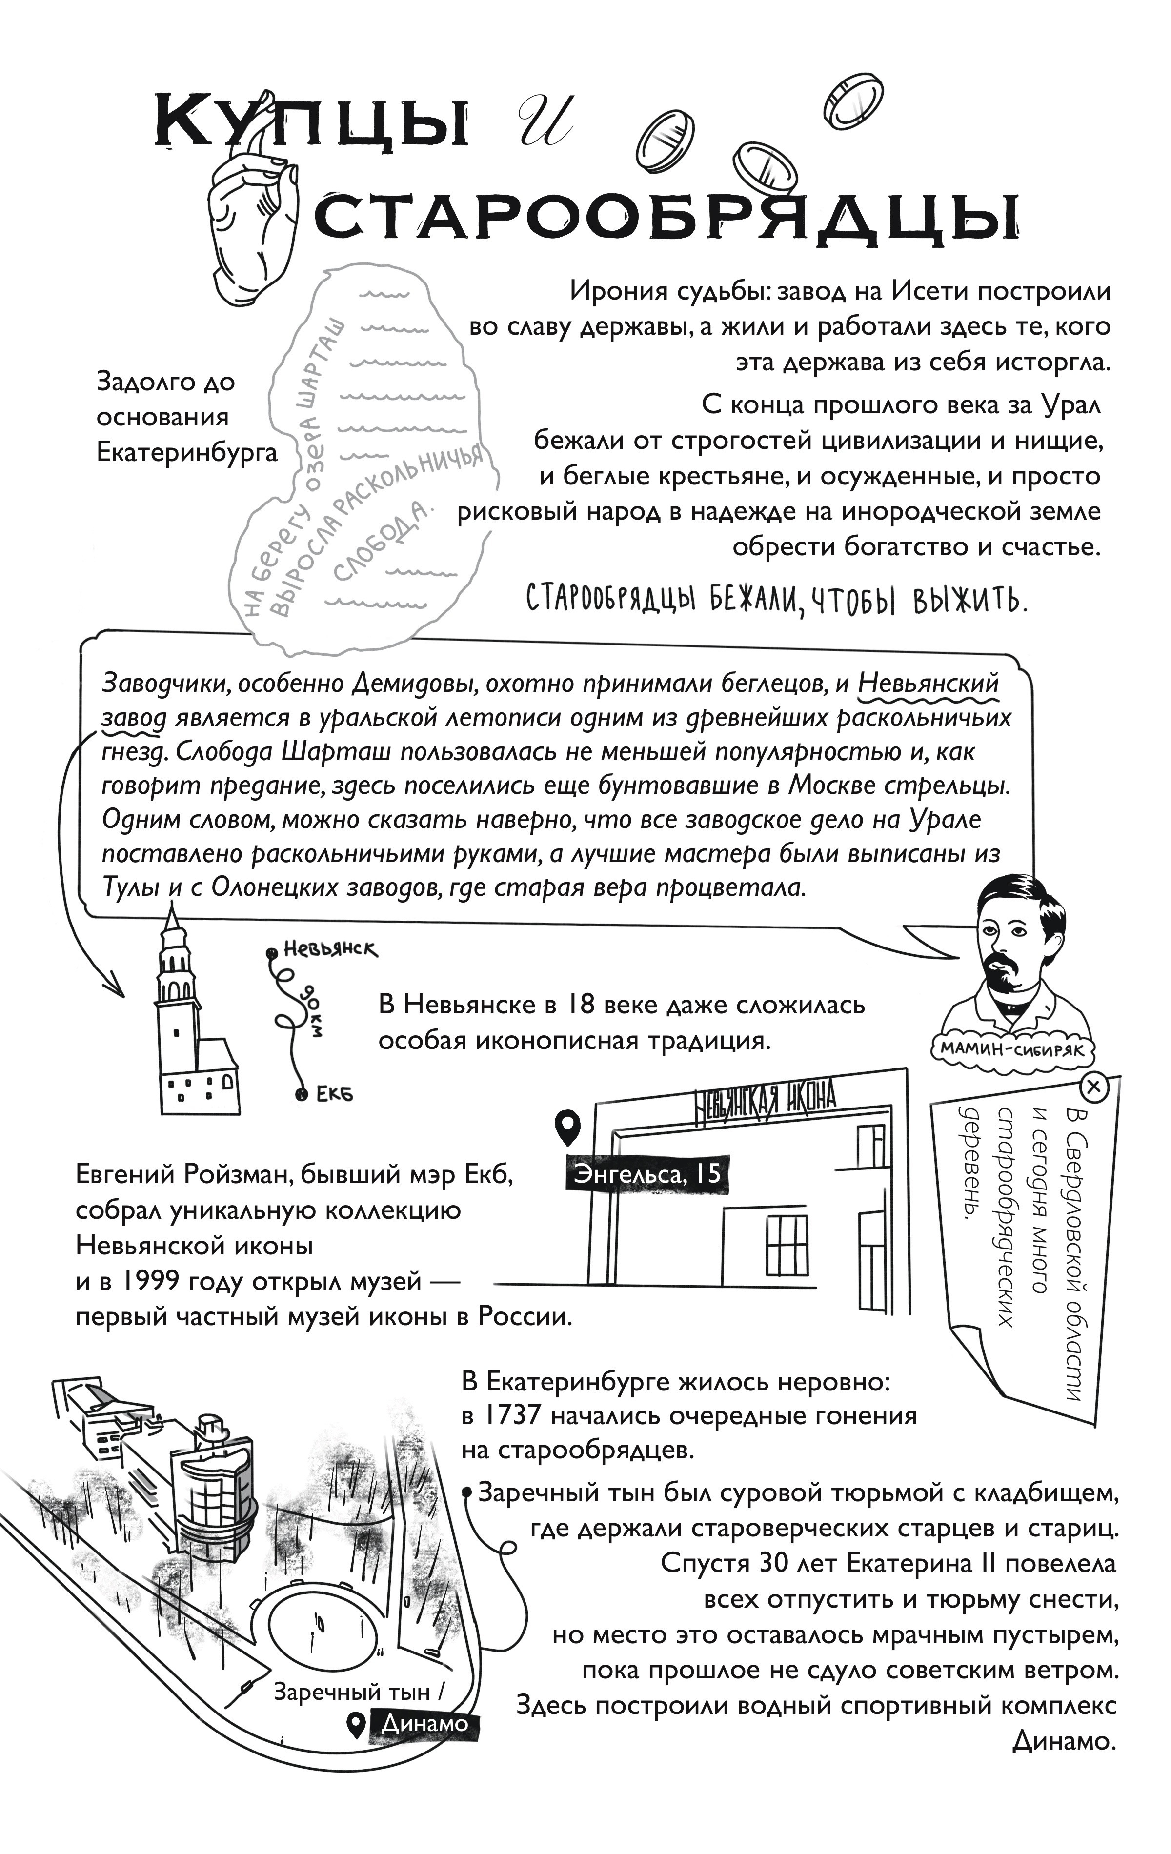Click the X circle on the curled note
(x=1094, y=1087)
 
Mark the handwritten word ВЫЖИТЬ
(x=971, y=601)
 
